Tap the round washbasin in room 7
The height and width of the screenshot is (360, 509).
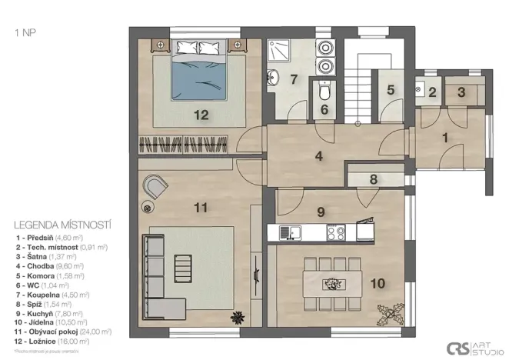tap(274, 77)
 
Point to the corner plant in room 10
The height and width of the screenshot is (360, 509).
tap(388, 315)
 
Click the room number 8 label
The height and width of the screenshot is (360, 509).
tap(373, 179)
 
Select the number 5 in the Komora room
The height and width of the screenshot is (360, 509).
tap(391, 90)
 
